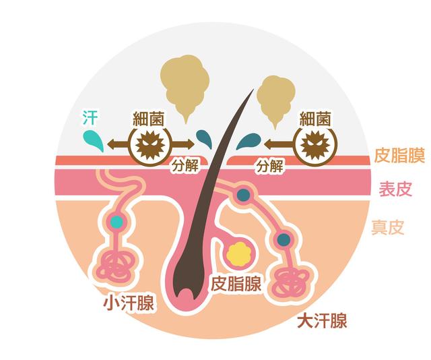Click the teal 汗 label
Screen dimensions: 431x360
point(90,117)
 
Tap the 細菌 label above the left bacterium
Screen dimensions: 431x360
point(148,119)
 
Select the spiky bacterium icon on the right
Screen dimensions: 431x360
point(315,145)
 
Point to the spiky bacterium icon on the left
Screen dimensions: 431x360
point(150,145)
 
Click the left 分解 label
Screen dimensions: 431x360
point(185,166)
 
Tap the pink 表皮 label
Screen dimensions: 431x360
point(395,189)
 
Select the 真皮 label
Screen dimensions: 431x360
point(388,227)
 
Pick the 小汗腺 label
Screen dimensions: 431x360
point(129,303)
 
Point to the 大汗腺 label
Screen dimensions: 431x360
point(322,320)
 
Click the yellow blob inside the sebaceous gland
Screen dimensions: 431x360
point(238,254)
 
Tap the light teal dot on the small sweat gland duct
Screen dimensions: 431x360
point(117,222)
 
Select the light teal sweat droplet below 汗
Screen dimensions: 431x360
point(94,141)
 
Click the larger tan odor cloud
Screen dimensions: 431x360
point(185,86)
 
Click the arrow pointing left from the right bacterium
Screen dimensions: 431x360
point(280,144)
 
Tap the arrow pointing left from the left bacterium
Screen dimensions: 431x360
point(118,144)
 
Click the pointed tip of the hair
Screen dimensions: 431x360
point(253,89)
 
